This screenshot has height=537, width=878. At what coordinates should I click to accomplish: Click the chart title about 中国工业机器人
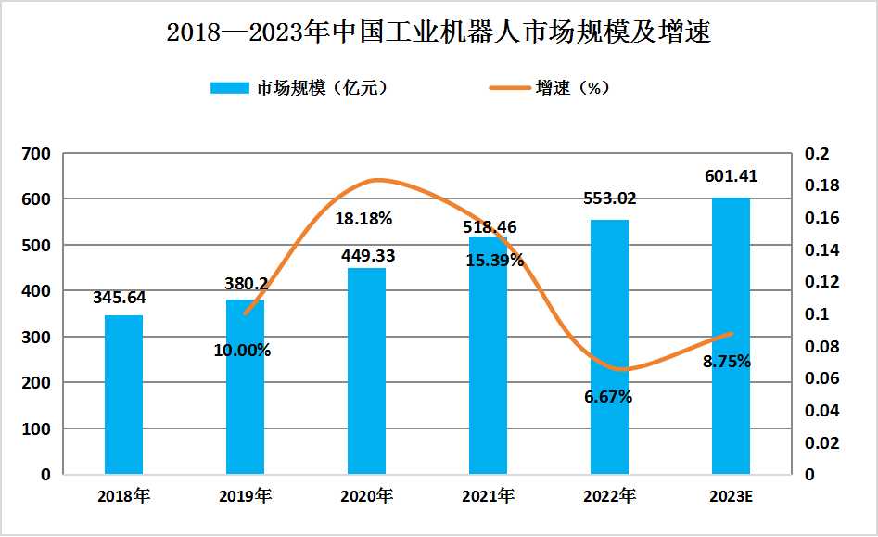[x=439, y=32]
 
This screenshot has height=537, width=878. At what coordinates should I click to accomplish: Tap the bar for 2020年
[x=366, y=371]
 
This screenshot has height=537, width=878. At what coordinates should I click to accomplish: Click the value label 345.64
[x=120, y=298]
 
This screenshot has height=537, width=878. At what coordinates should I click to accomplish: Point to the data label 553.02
[x=609, y=198]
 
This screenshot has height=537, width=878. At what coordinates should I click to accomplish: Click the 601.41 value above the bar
[x=731, y=175]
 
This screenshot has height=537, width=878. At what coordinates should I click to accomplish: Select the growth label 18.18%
[x=363, y=220]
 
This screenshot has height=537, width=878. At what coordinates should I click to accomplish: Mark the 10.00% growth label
[x=242, y=351]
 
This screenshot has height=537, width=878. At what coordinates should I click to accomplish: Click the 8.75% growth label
[x=727, y=362]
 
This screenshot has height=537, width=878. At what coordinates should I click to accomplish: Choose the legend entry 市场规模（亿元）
[x=298, y=88]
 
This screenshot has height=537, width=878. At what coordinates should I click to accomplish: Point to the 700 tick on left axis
[x=38, y=154]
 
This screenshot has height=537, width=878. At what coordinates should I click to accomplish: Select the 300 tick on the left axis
[x=38, y=337]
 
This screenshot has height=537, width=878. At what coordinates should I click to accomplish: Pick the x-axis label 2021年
[x=488, y=496]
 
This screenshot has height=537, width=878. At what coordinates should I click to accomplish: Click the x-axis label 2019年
[x=245, y=496]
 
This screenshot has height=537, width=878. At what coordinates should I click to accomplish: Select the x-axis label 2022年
[x=609, y=496]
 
